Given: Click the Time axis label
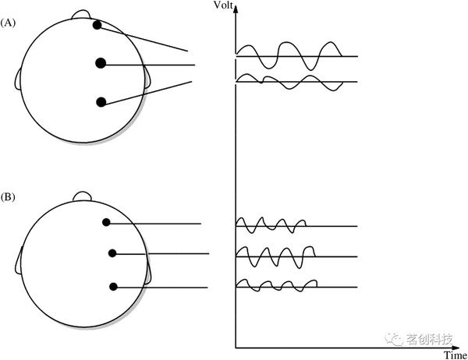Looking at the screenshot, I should [x=455, y=355].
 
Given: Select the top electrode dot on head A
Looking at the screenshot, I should [x=97, y=25].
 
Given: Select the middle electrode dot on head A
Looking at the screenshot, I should [x=101, y=63].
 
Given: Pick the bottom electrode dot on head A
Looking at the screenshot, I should [x=101, y=101].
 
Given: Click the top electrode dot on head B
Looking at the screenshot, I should [x=106, y=222].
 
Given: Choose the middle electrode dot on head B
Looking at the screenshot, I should [x=112, y=253].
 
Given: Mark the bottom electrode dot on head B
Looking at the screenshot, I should [x=113, y=287].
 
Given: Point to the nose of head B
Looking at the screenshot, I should [x=82, y=195].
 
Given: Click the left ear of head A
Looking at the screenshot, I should [x=18, y=77].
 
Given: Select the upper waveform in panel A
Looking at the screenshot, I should [x=289, y=55].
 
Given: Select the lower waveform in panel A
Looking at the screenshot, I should [x=289, y=81].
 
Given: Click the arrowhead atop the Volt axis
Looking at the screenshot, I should [x=236, y=9].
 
